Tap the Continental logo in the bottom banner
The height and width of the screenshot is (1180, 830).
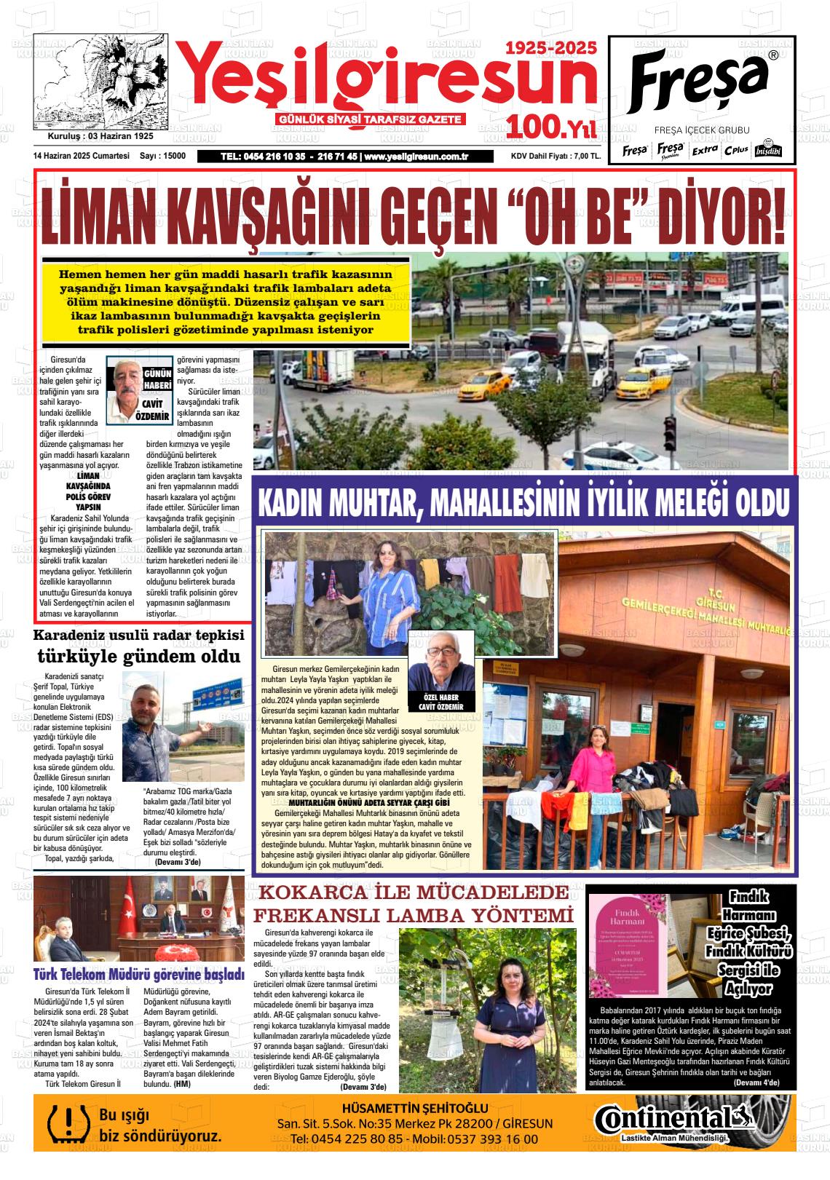(671, 1119)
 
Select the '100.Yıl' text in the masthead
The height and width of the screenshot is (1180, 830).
(552, 128)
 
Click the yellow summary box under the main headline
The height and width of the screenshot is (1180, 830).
(226, 301)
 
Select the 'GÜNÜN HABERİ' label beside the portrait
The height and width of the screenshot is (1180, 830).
(157, 379)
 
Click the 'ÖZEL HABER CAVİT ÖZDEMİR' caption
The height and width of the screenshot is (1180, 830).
(440, 702)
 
